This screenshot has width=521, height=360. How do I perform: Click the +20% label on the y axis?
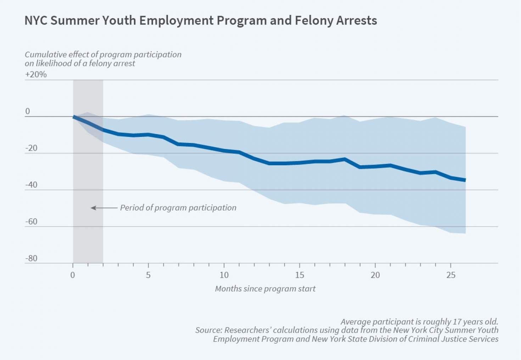pos(36,74)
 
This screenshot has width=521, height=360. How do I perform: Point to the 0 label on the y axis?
pos(28,111)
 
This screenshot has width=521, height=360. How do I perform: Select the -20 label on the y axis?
pos(31,148)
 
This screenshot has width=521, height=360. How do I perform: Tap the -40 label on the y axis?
pos(31,185)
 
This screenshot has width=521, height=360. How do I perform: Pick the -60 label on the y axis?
pos(31,222)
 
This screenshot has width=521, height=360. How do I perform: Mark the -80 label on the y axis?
pos(31,258)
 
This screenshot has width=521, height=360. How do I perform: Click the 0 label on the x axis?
pos(73,275)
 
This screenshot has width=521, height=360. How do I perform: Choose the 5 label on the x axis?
pos(148,275)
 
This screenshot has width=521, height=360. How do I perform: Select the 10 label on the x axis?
pos(224,275)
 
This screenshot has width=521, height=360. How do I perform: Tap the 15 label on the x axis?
pos(299,275)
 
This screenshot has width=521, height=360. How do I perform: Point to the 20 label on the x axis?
pos(375,275)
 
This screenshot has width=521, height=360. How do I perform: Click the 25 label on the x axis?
pos(451,275)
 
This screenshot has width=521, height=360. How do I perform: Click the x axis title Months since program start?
pos(265,289)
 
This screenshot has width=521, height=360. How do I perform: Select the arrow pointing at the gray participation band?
pos(104,208)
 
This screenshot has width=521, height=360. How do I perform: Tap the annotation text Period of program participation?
pos(178,208)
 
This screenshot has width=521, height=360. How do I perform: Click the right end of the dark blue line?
pos(465,180)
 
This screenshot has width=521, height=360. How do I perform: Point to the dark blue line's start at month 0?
pos(74,117)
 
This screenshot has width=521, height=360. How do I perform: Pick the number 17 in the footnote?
pos(457,322)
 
